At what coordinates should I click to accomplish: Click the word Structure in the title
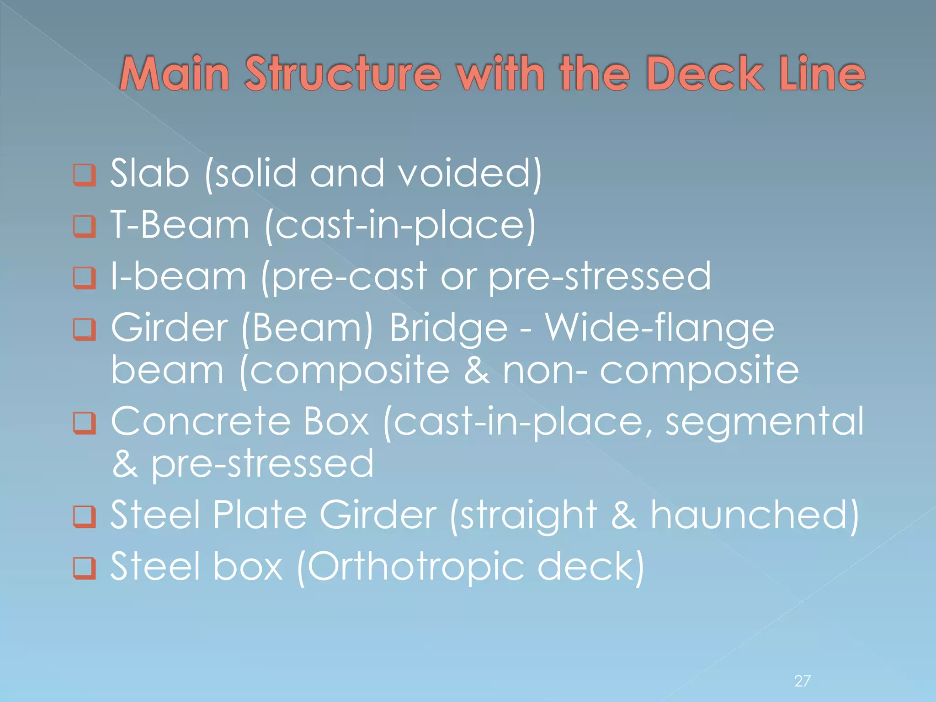tap(343, 73)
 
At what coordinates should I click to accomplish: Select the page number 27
tap(803, 681)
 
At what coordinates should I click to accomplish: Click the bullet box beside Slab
tap(85, 175)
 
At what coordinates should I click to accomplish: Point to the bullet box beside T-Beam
tap(85, 227)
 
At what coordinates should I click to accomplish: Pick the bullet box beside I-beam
tap(85, 278)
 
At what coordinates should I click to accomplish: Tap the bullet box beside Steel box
tap(85, 568)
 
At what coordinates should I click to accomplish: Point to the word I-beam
tap(179, 277)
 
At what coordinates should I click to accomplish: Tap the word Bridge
tap(448, 329)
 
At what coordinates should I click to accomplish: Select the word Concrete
tap(201, 421)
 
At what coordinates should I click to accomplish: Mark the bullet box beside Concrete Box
tap(85, 423)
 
